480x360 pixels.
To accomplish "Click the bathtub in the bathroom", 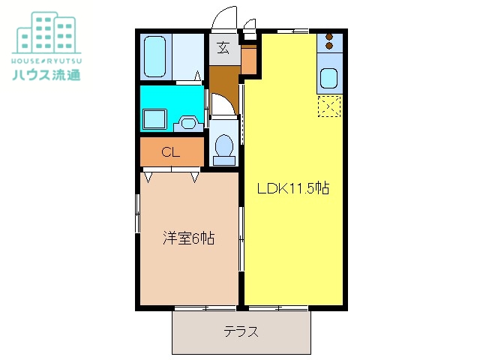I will coord(156,56).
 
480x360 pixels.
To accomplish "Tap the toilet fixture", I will coord(223,146).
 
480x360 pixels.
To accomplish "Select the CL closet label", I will coord(171,152).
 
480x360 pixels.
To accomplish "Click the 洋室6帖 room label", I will coord(189,239).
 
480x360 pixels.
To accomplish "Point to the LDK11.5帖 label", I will coord(293,189).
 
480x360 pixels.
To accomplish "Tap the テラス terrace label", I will coord(241,331).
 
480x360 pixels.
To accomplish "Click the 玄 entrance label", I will coord(223,50).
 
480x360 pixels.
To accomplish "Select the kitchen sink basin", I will coord(329,78).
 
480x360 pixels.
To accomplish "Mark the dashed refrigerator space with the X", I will coord(329,106).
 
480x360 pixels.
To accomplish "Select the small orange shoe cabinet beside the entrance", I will coord(250,59).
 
